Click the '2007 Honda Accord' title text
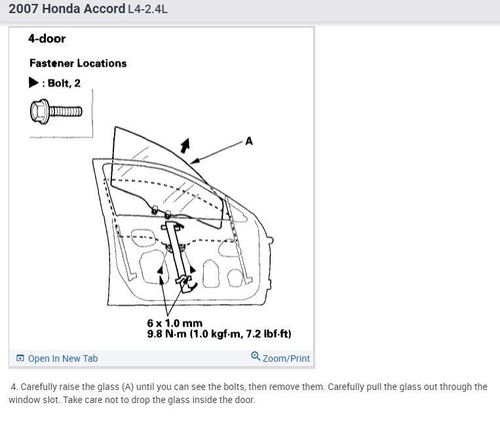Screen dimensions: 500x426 click(66, 9)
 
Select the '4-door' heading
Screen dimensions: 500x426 click(47, 39)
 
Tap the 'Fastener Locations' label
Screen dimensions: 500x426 click(78, 63)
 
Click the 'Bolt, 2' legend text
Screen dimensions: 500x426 click(64, 83)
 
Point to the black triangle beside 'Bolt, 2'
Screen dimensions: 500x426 click(33, 83)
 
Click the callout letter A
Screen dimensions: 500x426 click(249, 141)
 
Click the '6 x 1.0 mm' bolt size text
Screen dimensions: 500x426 click(175, 323)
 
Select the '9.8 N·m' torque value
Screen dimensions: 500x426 click(167, 334)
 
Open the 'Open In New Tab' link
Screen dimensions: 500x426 click(63, 358)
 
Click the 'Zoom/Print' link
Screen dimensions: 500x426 click(286, 358)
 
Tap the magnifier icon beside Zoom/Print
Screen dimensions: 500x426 click(255, 357)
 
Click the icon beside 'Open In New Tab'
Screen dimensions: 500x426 click(20, 358)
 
